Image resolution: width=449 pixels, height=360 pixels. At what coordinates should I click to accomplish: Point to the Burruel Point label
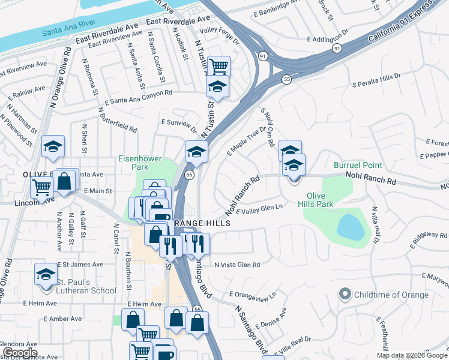click(x=358, y=164)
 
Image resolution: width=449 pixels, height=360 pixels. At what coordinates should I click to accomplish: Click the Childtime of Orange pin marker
click(x=345, y=295)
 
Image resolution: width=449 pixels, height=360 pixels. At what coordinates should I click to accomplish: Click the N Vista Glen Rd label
click(x=237, y=264)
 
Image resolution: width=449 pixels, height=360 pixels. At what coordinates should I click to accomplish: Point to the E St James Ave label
click(x=80, y=264)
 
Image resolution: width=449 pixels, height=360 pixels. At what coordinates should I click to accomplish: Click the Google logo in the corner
click(x=19, y=353)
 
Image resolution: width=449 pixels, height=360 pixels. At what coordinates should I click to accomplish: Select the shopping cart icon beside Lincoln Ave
click(x=41, y=188)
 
